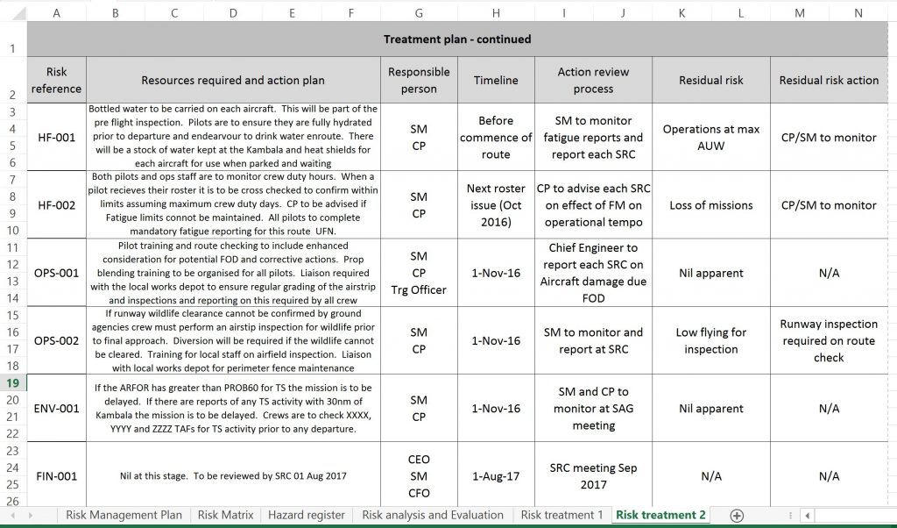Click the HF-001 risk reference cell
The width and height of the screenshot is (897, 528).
(56, 138)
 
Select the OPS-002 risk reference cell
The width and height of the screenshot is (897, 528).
(56, 340)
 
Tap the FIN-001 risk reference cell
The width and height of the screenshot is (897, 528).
(56, 476)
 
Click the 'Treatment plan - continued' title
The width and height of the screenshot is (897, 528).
(456, 39)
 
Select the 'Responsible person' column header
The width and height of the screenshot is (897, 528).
(419, 80)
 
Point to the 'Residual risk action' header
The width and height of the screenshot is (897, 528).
(829, 80)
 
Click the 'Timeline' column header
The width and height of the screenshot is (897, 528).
(496, 80)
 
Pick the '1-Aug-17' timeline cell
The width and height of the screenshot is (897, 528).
(496, 476)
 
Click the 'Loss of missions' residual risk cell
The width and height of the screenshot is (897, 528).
(710, 205)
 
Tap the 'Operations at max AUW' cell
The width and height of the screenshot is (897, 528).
(710, 138)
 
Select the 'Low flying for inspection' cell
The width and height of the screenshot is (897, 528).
(710, 340)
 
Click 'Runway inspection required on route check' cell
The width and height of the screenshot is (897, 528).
(829, 340)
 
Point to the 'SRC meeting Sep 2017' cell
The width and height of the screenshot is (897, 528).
(593, 476)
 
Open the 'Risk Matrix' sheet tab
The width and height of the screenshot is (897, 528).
(225, 515)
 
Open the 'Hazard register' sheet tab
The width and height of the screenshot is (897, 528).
(306, 515)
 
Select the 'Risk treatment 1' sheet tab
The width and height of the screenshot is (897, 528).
(562, 515)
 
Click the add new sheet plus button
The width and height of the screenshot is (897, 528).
(737, 515)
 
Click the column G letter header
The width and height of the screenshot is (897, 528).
(419, 13)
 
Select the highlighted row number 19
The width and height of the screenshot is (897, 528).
(13, 382)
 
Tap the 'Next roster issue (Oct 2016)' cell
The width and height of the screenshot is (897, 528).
(496, 205)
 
